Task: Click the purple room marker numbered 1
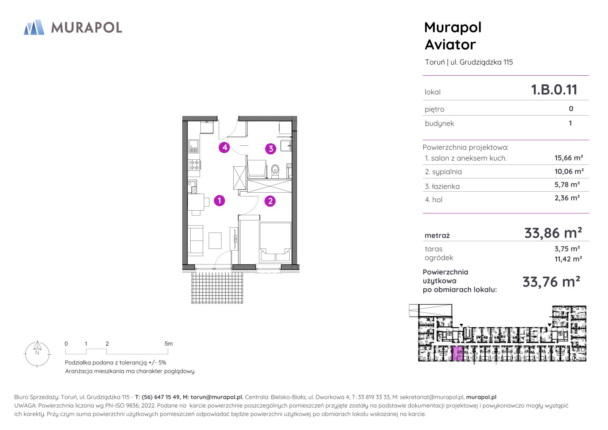[219, 201]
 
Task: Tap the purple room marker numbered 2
[270, 201]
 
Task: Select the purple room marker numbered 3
[271, 149]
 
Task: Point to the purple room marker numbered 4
[225, 147]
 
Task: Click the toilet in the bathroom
[275, 171]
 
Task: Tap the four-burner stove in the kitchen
[194, 165]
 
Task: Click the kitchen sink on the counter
[193, 146]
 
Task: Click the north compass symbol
[37, 353]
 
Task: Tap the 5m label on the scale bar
[168, 344]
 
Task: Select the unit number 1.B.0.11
[554, 90]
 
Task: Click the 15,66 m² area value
[569, 158]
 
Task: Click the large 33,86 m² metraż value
[553, 233]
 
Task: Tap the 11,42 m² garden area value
[568, 259]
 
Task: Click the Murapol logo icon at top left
[34, 27]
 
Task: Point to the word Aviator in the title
[450, 45]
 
